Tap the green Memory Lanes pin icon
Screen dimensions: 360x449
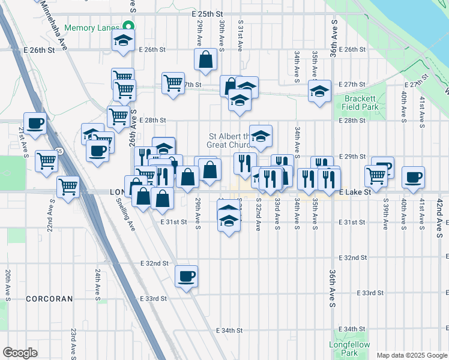point(128,26)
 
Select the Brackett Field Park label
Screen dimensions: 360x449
point(360,103)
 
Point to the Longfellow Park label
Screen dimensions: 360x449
point(342,349)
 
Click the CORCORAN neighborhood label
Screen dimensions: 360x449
point(49,298)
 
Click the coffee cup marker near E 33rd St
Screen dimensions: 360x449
point(187,276)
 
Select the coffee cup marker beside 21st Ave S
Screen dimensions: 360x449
point(35,123)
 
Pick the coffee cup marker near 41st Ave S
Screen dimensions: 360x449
point(413,177)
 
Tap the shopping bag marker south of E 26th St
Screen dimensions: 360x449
point(205,59)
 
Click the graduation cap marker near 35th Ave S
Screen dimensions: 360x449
point(319,91)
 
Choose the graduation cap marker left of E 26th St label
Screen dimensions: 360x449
point(124,42)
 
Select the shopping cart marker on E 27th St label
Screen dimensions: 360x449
point(173,82)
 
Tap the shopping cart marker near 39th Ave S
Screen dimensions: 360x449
point(376,175)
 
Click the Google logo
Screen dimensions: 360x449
point(20,353)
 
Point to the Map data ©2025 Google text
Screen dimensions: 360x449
point(411,355)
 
